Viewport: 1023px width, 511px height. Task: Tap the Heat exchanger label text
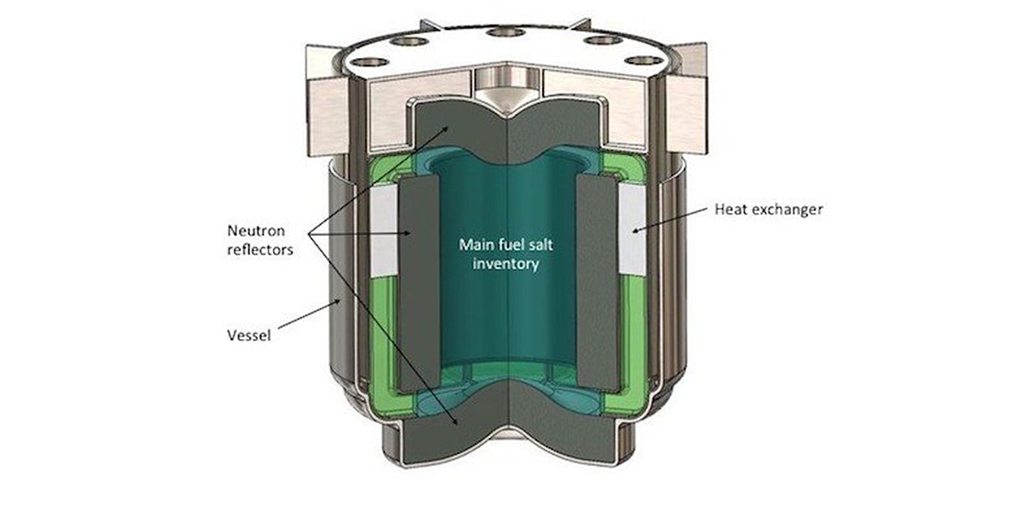(768, 210)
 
